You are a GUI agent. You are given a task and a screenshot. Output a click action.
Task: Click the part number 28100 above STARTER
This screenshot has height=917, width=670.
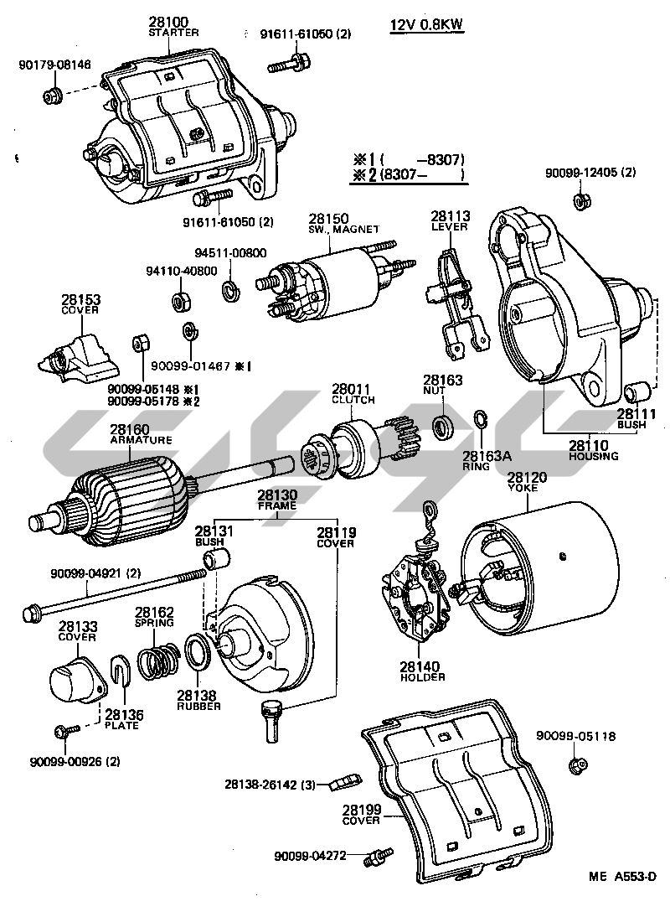click(168, 22)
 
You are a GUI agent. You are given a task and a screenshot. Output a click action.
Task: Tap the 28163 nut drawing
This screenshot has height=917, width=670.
click(442, 425)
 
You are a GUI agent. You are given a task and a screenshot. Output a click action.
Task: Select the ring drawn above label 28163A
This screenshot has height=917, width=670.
click(481, 420)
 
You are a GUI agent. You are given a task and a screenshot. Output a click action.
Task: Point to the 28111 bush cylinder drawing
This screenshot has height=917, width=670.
click(636, 391)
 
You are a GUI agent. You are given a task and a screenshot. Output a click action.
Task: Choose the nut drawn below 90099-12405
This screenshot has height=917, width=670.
click(579, 201)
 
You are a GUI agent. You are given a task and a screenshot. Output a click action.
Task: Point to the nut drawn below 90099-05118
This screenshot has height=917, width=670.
click(575, 764)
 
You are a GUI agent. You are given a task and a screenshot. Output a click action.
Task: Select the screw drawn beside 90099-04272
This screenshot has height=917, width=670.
click(378, 857)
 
